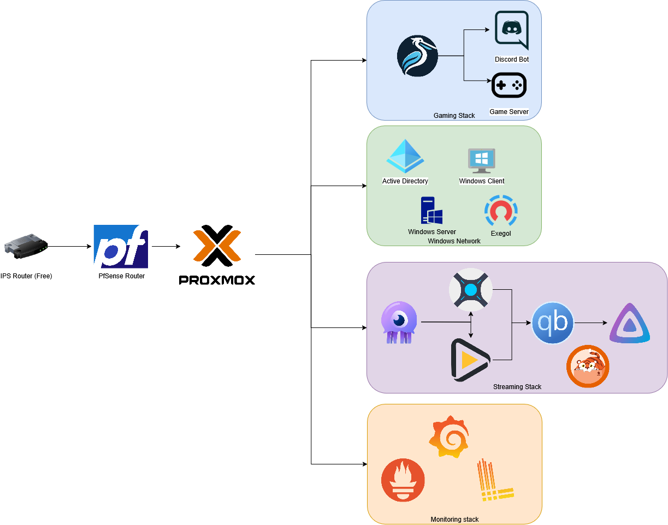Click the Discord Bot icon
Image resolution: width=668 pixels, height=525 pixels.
tap(511, 30)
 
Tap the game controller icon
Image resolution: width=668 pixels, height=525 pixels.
tap(509, 85)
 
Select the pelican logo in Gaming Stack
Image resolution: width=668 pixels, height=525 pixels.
tap(417, 56)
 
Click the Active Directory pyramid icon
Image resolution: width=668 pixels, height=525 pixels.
tap(405, 157)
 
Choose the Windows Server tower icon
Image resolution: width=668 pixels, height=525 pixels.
tap(431, 211)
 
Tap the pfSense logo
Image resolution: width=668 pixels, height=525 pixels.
tap(121, 246)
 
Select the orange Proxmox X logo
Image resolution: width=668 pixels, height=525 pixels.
tap(217, 246)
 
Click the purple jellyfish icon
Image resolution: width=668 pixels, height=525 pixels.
tap(399, 323)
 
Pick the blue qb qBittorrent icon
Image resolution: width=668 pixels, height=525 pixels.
tap(553, 323)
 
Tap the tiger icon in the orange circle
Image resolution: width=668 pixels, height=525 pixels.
tap(588, 366)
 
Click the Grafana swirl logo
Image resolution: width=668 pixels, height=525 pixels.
tap(448, 435)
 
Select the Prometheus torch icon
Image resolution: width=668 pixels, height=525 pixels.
tap(403, 480)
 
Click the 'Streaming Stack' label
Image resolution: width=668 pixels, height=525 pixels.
tap(517, 387)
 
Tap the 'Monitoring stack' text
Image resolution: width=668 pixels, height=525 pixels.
tap(454, 520)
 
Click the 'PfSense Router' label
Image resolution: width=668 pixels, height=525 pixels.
tap(121, 276)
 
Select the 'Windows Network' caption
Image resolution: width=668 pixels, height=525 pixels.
tap(454, 241)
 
